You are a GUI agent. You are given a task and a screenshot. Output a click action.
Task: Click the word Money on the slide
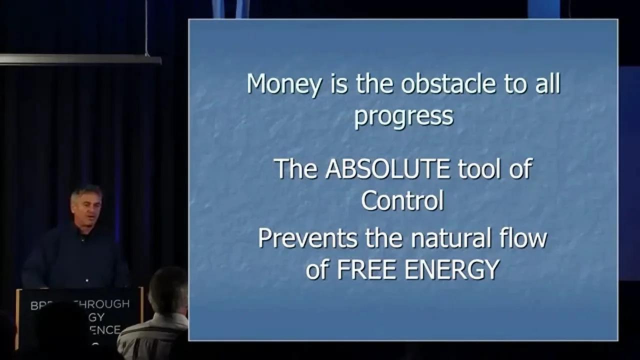[284, 84]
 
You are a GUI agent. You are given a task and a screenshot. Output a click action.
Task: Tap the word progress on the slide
[404, 116]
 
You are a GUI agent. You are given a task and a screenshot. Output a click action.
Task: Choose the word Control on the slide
[402, 200]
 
